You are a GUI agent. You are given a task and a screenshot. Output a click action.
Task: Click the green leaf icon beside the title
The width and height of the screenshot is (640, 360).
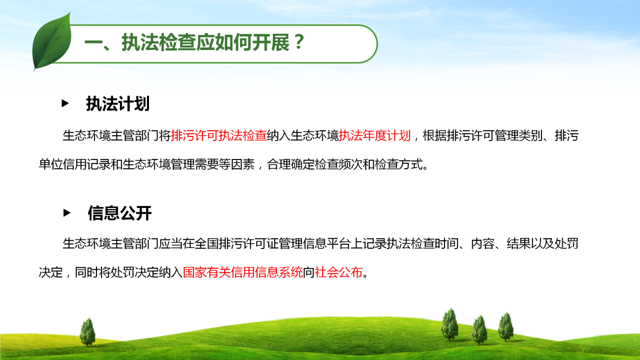click(x=52, y=42)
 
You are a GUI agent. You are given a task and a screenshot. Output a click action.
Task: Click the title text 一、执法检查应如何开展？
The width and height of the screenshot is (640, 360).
click(x=195, y=43)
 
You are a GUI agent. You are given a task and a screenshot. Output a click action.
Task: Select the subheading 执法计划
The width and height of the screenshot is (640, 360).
click(x=118, y=104)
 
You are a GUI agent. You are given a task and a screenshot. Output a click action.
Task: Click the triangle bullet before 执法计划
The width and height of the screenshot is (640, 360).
click(x=65, y=104)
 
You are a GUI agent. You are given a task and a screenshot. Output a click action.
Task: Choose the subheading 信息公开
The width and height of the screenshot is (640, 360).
click(x=119, y=213)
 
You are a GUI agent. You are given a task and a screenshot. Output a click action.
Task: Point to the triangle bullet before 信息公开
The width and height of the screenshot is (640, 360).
click(x=67, y=213)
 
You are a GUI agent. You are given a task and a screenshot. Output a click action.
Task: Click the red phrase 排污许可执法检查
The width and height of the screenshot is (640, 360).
click(x=219, y=136)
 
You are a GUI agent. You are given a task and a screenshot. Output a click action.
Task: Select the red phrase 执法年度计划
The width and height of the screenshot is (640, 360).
click(x=375, y=136)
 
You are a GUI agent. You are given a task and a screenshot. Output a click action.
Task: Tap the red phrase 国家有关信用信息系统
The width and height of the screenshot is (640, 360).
click(x=242, y=272)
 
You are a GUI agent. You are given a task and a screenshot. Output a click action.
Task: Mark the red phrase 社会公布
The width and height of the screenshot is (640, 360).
click(x=338, y=272)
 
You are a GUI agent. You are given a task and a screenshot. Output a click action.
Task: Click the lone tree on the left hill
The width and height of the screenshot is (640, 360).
click(x=87, y=332)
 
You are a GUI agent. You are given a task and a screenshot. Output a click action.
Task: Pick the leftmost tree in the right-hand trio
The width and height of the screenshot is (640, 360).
click(x=450, y=325)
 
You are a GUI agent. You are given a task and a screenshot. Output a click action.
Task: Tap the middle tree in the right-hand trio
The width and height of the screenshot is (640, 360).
click(x=479, y=330)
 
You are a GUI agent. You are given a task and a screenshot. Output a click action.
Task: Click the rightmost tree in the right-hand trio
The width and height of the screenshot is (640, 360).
click(x=506, y=327)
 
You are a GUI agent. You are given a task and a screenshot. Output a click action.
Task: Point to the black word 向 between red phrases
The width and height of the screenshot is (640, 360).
click(x=309, y=272)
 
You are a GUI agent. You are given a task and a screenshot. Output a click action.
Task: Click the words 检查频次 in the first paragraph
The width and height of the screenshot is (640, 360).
click(x=338, y=165)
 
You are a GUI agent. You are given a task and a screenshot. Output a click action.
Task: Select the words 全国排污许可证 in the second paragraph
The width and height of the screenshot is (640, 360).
click(x=236, y=243)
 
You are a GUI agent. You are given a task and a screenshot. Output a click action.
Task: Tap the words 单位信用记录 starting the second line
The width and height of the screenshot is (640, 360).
click(x=75, y=165)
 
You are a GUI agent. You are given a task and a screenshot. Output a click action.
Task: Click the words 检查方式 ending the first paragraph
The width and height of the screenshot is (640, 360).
click(x=399, y=165)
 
